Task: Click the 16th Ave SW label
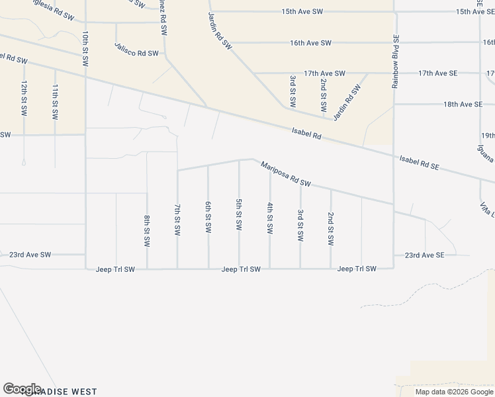310,43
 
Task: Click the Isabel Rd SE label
420,163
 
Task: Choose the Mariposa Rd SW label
285,173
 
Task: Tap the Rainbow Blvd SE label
395,62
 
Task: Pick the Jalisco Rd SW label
136,50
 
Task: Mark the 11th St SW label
56,101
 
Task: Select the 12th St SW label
24,99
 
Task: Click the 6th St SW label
208,217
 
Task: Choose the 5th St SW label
239,214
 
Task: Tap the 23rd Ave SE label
422,255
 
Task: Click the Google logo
22,388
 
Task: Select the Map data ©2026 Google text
454,392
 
